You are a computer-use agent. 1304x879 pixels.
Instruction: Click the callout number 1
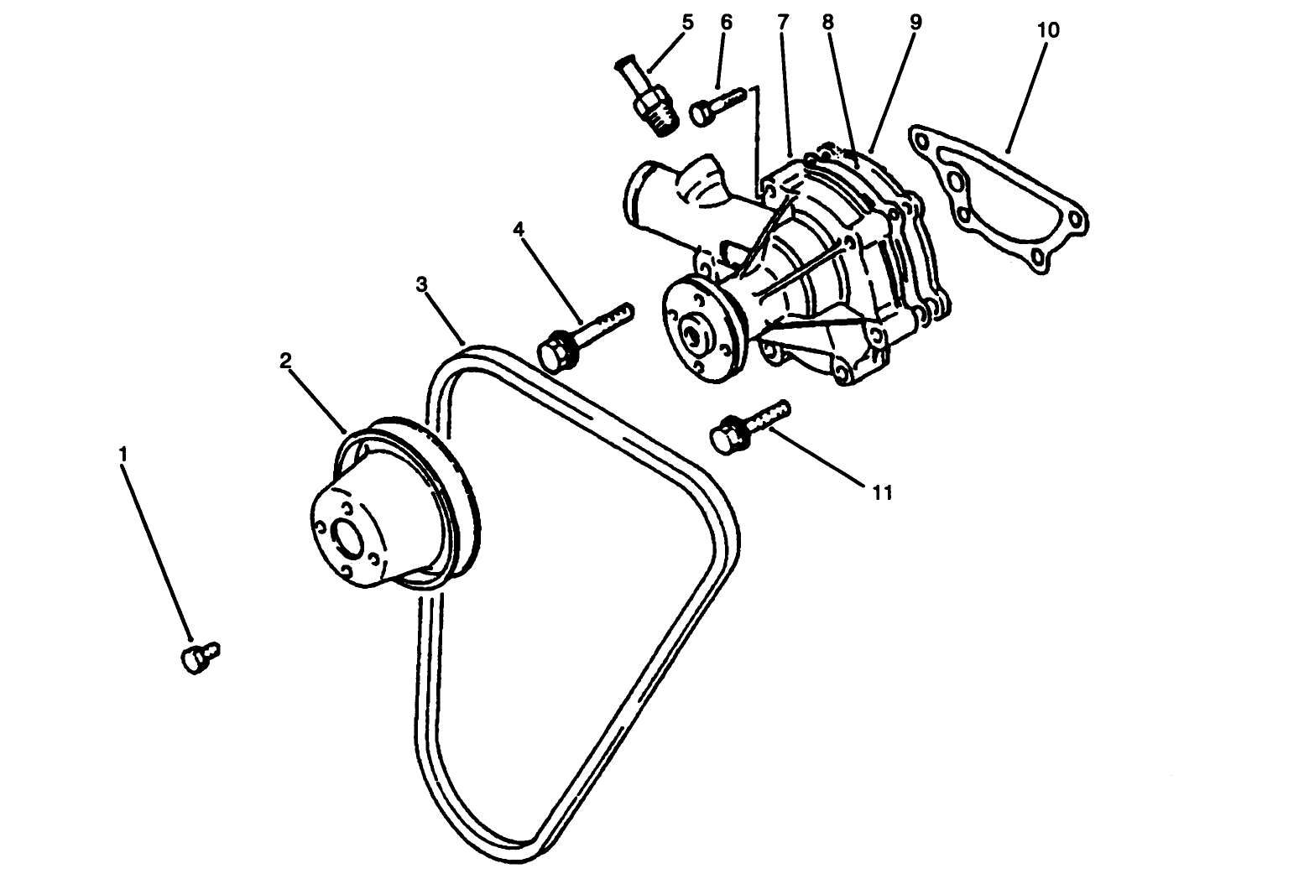[x=123, y=454]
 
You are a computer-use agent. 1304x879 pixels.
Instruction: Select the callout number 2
[x=285, y=360]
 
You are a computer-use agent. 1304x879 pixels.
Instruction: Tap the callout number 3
[x=422, y=284]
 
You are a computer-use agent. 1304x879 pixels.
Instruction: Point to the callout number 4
[x=519, y=228]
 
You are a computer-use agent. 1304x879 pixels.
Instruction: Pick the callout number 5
[x=687, y=22]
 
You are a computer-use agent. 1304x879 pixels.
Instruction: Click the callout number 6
[x=726, y=22]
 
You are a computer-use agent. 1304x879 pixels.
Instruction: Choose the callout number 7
[x=782, y=22]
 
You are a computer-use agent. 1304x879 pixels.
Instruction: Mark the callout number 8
[x=828, y=22]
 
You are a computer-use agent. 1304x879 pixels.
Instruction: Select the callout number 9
[x=915, y=22]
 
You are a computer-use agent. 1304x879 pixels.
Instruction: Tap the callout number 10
[x=1048, y=30]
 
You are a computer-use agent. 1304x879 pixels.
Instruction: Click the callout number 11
[x=881, y=492]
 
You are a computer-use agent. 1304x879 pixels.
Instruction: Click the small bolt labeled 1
[x=199, y=656]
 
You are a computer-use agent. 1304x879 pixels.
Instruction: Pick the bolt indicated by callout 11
[x=747, y=426]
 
